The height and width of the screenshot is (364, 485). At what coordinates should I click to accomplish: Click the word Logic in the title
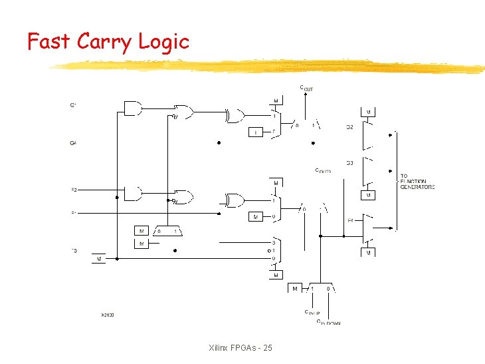pyautogui.click(x=163, y=42)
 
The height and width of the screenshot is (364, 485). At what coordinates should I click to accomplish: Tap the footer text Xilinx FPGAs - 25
pyautogui.click(x=240, y=348)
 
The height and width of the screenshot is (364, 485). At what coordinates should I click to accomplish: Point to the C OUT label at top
pyautogui.click(x=306, y=87)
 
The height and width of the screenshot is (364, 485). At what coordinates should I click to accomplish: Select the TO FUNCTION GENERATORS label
pyautogui.click(x=417, y=182)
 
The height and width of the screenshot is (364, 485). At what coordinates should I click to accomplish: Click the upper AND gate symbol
pyautogui.click(x=133, y=108)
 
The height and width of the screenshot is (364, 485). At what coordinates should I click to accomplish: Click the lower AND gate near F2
pyautogui.click(x=133, y=194)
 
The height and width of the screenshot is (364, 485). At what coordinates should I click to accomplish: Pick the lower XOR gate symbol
pyautogui.click(x=235, y=200)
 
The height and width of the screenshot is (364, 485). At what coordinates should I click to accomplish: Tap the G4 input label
pyautogui.click(x=73, y=142)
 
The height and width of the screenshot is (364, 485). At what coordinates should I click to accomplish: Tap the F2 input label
pyautogui.click(x=74, y=190)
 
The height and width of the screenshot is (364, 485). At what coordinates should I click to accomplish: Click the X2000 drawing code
pyautogui.click(x=107, y=314)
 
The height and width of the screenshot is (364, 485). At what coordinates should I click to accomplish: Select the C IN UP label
pyautogui.click(x=312, y=312)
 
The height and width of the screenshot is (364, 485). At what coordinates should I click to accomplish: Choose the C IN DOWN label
pyautogui.click(x=328, y=323)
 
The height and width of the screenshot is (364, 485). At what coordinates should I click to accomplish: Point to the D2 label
pyautogui.click(x=349, y=126)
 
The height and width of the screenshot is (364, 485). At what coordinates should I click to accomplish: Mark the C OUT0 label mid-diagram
pyautogui.click(x=323, y=171)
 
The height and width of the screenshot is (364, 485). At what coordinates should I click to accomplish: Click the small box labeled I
pyautogui.click(x=256, y=132)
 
